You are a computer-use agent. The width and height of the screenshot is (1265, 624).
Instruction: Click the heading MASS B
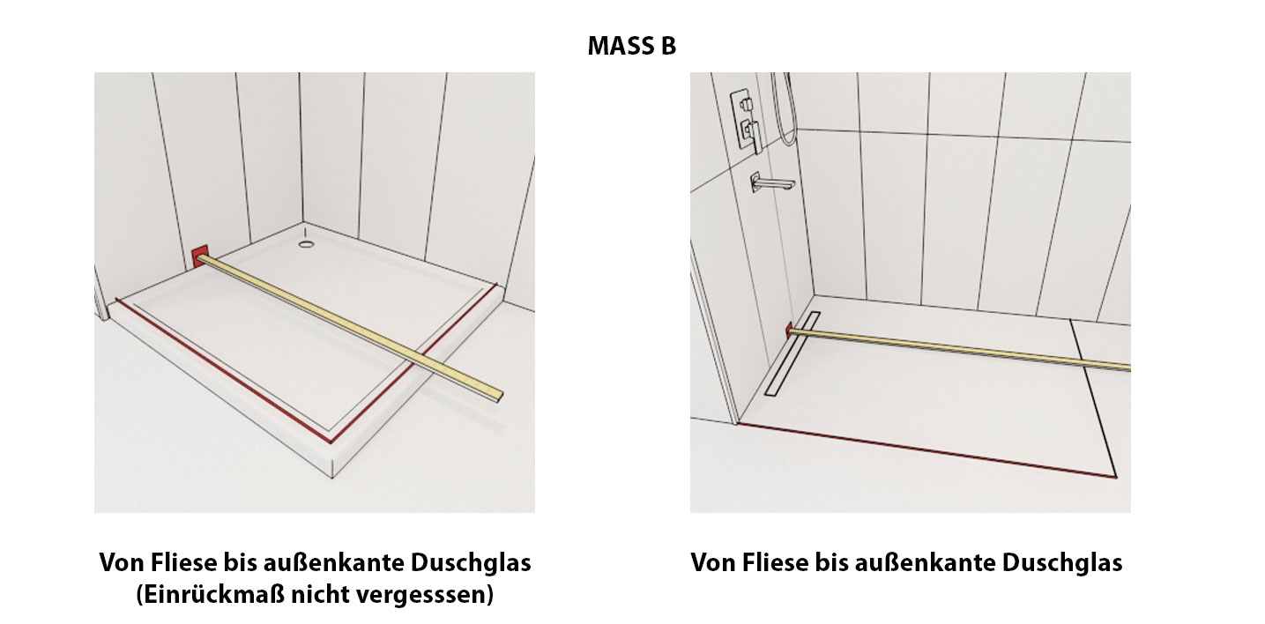[631, 46]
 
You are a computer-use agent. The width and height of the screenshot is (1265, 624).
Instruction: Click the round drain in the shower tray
[307, 244]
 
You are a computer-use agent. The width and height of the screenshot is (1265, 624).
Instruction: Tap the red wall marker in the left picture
[200, 257]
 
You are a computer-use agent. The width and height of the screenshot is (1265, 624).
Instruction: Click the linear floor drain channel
[792, 353]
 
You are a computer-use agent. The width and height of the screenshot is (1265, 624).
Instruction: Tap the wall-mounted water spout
[771, 182]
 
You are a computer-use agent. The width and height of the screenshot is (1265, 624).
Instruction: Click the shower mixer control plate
[747, 120]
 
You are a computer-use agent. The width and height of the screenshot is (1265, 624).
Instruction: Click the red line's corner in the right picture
[1116, 477]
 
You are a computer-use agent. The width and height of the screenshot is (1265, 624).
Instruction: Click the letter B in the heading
[667, 46]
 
